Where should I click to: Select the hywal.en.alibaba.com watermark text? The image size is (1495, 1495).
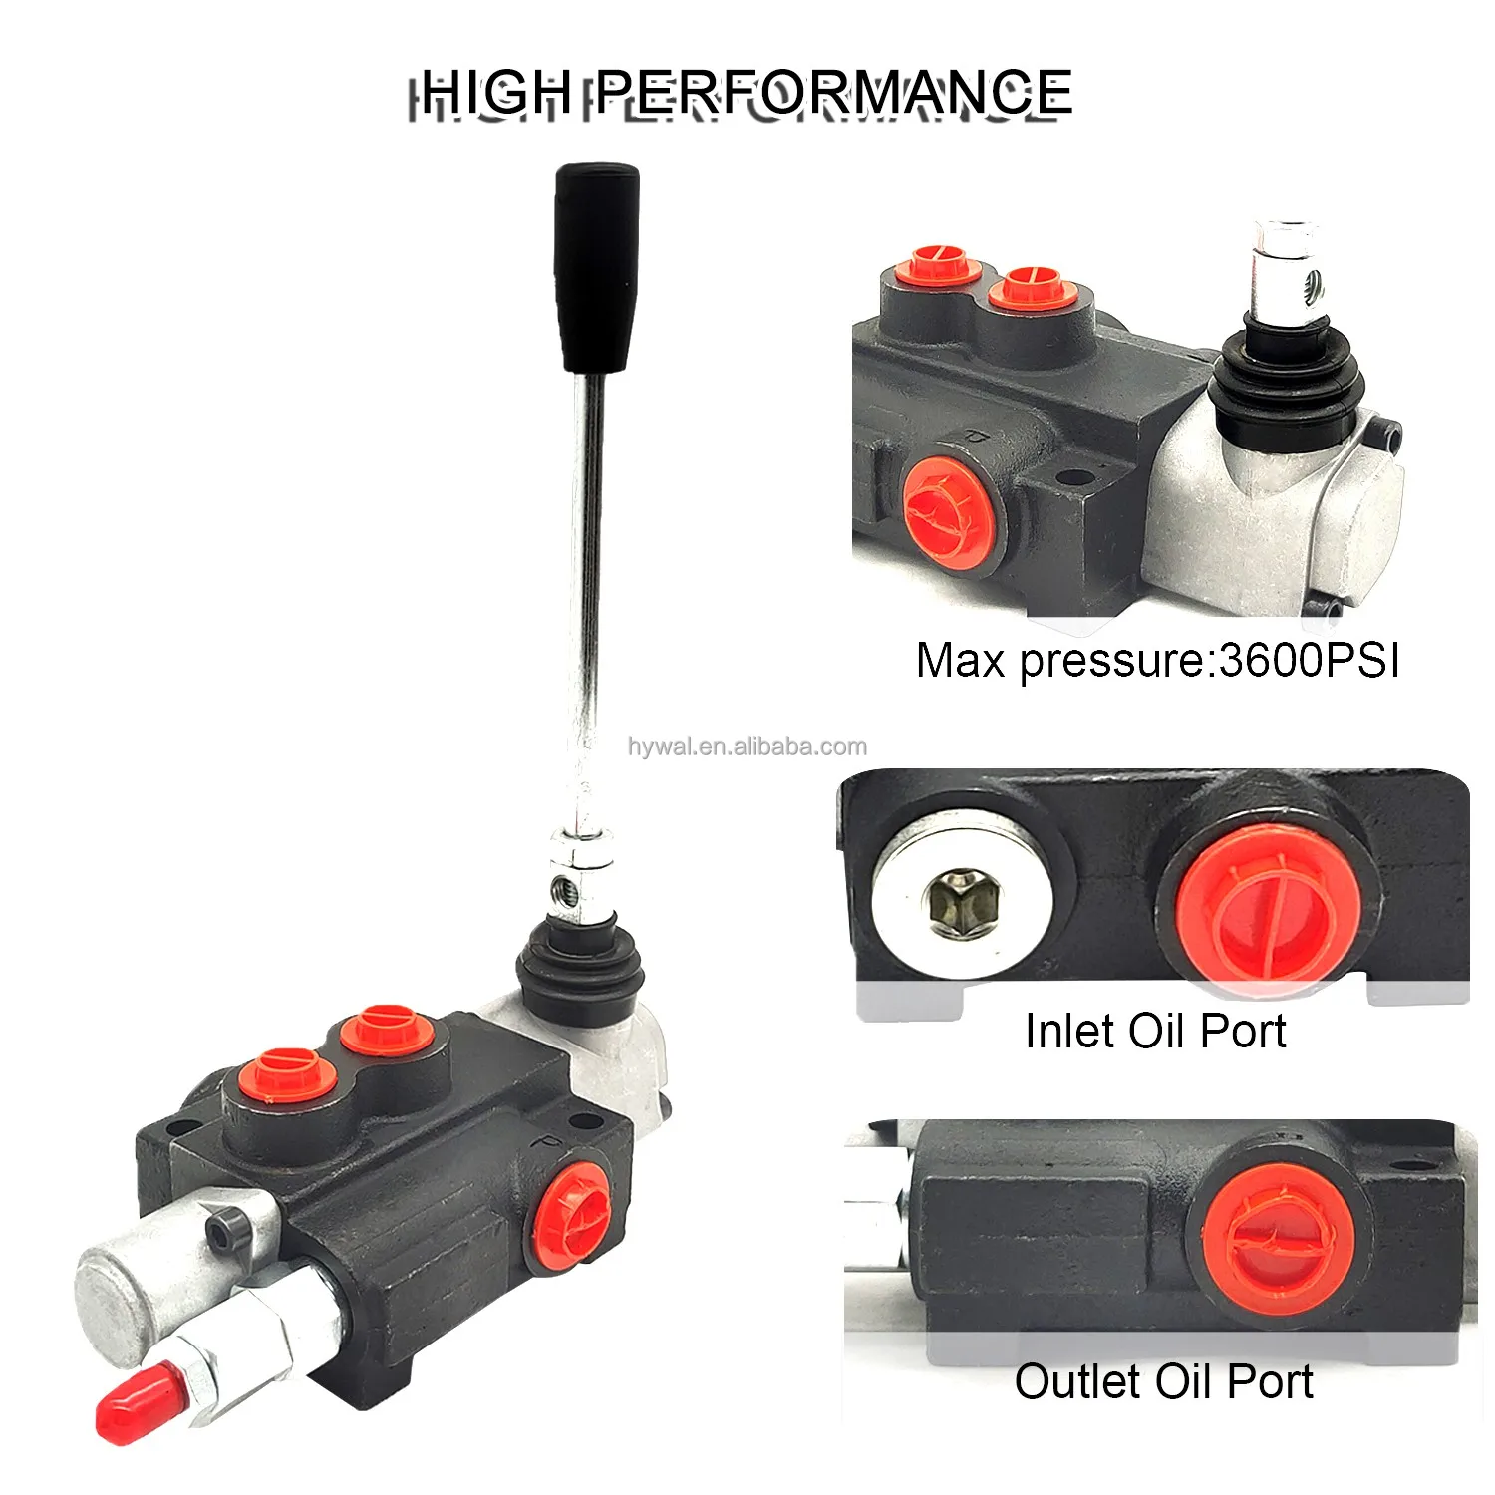[747, 747]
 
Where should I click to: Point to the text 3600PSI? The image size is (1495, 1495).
[1309, 661]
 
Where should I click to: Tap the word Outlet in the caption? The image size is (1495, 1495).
[1076, 1382]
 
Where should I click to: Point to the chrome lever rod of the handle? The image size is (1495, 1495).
[586, 598]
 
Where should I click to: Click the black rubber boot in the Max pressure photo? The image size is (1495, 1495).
[1286, 374]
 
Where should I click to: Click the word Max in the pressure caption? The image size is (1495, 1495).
[960, 661]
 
